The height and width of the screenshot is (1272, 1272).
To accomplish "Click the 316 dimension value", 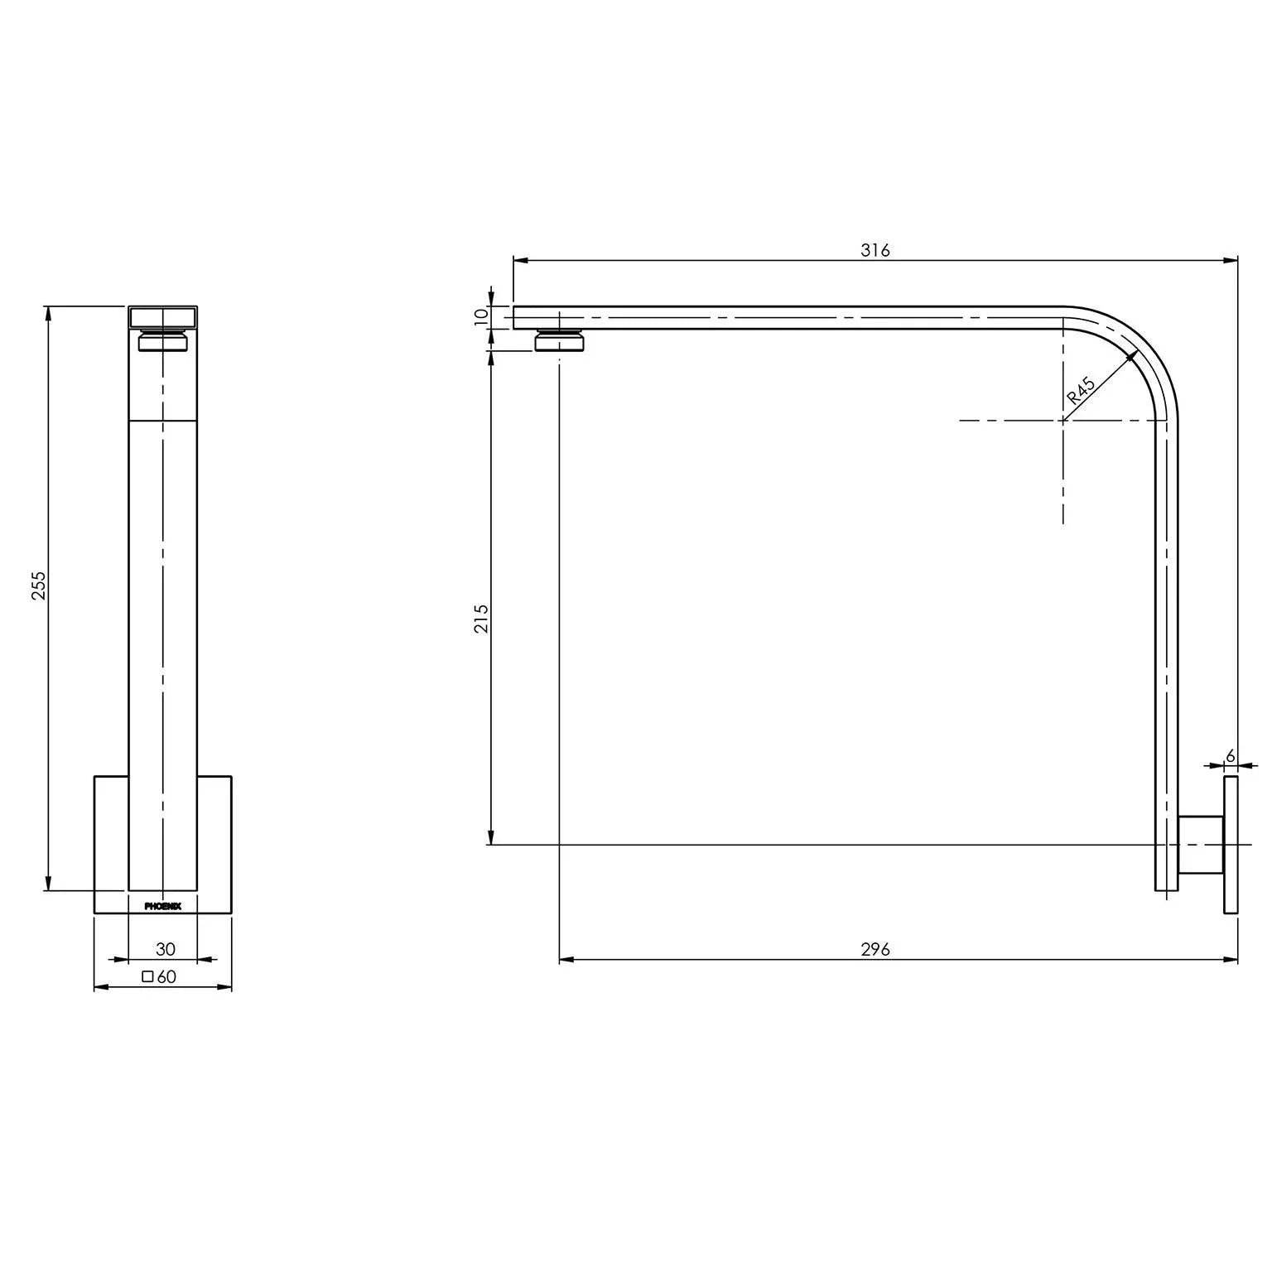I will point(874,250).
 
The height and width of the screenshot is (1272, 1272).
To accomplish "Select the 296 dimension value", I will point(874,949).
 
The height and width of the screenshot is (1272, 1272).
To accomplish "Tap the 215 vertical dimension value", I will point(481,619).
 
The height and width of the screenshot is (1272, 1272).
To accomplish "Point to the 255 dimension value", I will point(39,585).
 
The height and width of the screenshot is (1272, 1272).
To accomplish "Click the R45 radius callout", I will point(1081,390).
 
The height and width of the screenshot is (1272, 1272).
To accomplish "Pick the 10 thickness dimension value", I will point(481,317).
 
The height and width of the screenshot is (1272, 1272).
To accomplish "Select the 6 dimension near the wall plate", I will point(1230,755).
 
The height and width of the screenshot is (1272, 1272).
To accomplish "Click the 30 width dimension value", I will point(166,949).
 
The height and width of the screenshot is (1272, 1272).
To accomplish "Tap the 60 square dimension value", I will point(166,976).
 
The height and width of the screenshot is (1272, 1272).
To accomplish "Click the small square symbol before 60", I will point(147,976).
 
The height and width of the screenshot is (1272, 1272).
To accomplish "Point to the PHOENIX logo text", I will point(163,906).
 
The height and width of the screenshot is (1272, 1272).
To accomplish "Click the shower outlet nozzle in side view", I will point(561,341).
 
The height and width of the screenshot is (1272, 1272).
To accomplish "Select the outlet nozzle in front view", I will point(163,341).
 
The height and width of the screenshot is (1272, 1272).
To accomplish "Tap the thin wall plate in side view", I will point(1231,845).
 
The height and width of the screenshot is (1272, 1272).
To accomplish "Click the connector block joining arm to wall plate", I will point(1201,845).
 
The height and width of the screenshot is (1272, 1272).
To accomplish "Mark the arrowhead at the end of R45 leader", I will point(1132,356).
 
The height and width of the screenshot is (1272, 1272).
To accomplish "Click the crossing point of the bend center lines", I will point(1063,421).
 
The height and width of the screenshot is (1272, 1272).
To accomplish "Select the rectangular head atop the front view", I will point(163,317).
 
